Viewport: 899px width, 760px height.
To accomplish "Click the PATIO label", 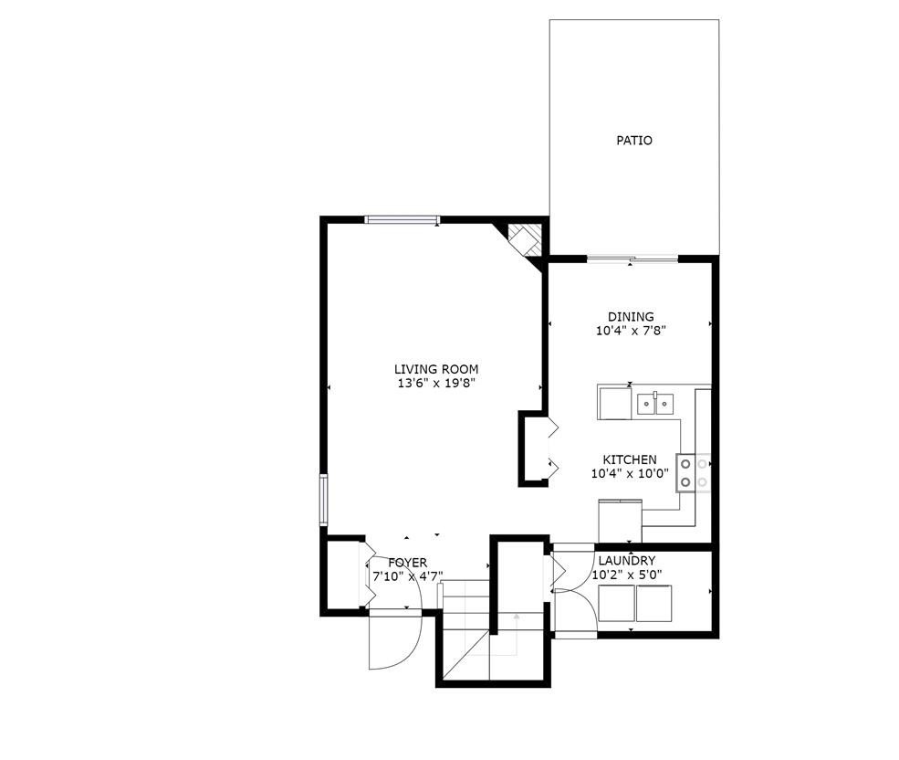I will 634,141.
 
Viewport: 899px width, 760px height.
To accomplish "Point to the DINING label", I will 631,317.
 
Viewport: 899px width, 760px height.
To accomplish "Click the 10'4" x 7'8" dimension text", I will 631,332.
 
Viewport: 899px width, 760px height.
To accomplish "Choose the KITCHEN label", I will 630,459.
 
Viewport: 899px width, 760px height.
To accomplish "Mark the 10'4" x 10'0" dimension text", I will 630,473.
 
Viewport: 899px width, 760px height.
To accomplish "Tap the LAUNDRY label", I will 626,560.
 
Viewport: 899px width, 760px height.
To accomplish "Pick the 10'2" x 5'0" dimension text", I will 626,575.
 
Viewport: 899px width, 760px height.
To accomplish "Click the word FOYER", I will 407,563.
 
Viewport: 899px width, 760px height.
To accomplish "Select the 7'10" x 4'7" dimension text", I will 407,576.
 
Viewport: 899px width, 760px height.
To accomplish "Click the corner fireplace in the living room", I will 525,239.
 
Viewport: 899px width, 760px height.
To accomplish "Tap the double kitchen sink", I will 656,401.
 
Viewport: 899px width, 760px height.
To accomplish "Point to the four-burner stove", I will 694,473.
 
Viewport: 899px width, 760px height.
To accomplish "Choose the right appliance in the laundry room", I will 655,603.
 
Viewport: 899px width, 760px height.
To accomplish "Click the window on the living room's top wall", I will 402,219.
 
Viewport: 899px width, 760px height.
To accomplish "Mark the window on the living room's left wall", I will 323,499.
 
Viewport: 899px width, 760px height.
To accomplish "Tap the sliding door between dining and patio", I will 632,259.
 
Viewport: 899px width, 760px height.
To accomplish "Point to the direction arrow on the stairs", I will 517,630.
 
